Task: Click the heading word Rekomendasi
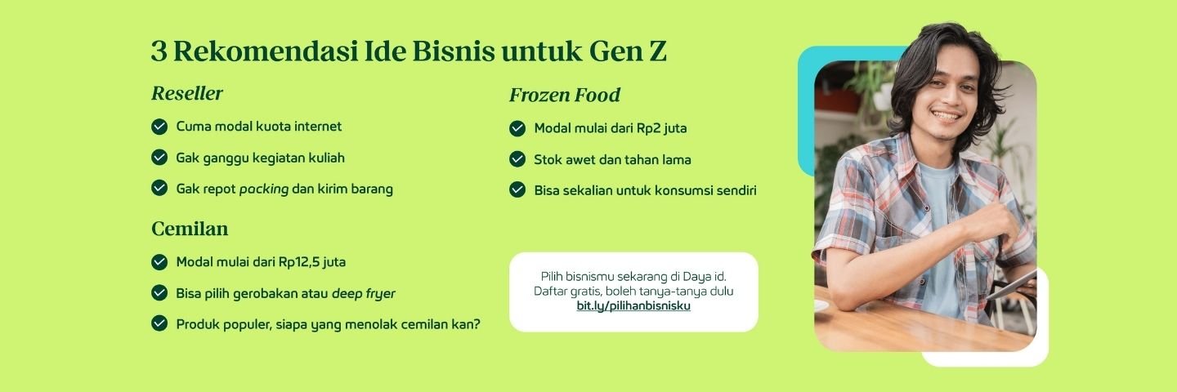click(x=265, y=51)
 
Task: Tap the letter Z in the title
click(x=658, y=51)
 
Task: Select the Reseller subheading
click(x=187, y=93)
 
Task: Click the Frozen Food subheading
click(x=564, y=95)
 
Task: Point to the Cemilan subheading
click(x=190, y=229)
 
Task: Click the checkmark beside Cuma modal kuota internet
click(x=159, y=127)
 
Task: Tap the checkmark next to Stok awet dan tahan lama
click(x=517, y=159)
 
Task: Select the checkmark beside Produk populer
click(x=159, y=323)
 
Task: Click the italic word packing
click(x=264, y=189)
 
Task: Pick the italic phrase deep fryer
click(x=364, y=293)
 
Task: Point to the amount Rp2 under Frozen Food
click(x=648, y=128)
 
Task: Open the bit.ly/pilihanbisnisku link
click(x=633, y=306)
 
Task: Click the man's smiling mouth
click(x=947, y=115)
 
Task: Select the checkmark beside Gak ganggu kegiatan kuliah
click(x=159, y=158)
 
